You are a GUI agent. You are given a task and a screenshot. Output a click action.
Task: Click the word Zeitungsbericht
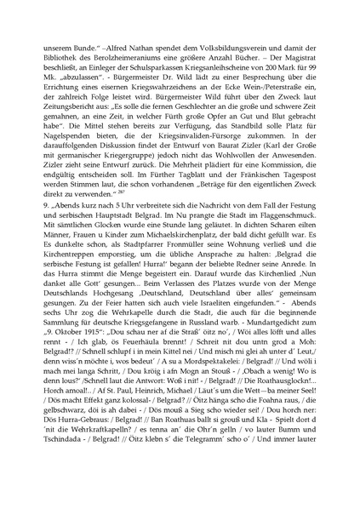(x=81, y=123)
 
